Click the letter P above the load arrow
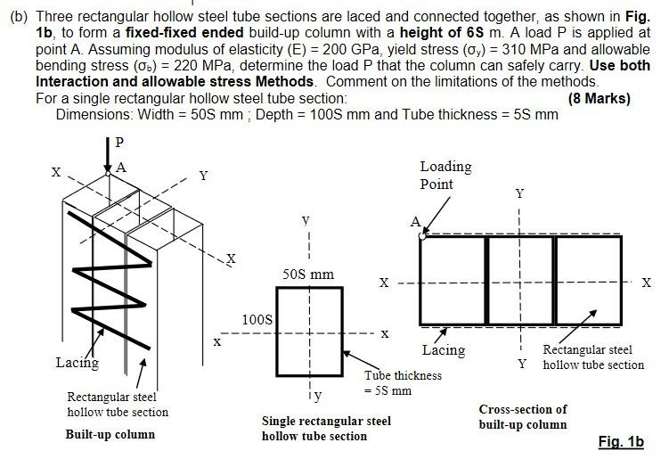[120, 142]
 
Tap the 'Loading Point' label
[445, 176]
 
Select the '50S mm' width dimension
[308, 274]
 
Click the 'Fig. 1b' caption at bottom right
[621, 442]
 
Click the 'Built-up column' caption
[110, 434]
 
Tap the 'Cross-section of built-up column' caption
[523, 417]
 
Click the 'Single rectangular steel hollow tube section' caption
[326, 428]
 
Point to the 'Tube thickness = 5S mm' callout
[403, 382]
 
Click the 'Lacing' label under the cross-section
[444, 350]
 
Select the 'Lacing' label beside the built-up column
[78, 363]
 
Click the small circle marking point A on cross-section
[421, 236]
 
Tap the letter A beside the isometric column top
[121, 167]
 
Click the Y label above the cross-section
[520, 193]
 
